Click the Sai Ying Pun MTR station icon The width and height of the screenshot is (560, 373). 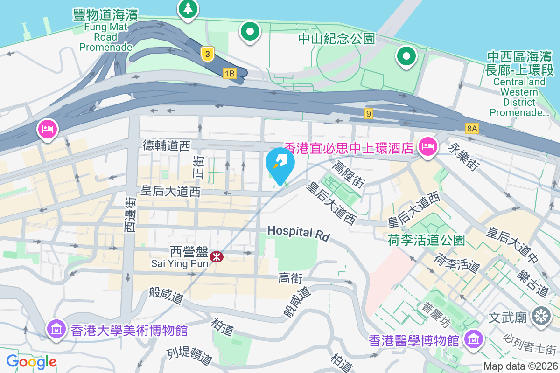[216, 256]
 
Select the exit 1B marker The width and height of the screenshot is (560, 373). [229, 74]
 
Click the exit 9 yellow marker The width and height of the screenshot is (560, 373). [369, 113]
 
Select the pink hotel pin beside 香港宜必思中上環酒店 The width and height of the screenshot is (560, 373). [427, 147]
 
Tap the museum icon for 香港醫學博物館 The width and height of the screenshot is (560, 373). [474, 340]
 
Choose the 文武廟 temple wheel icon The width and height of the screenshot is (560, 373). [541, 316]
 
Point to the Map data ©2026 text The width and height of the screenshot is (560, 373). [520, 366]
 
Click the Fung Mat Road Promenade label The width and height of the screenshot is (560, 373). [106, 31]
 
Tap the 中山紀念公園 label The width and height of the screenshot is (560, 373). [336, 39]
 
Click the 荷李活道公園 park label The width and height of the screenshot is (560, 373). [427, 240]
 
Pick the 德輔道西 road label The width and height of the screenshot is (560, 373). [167, 146]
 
